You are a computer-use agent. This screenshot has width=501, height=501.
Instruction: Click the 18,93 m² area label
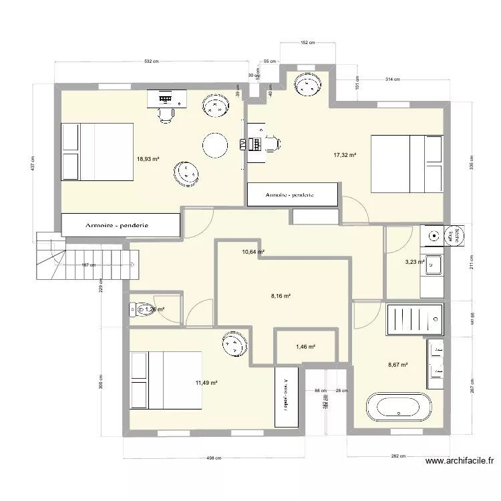(x=147, y=159)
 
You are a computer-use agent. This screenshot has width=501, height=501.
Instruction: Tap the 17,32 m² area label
(x=345, y=155)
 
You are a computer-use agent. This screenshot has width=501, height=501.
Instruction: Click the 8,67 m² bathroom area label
(x=397, y=365)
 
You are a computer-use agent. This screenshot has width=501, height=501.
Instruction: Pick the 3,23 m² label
(x=415, y=263)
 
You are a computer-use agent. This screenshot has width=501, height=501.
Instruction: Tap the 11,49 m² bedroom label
(x=206, y=383)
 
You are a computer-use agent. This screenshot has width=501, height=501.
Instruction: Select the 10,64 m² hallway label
(x=253, y=252)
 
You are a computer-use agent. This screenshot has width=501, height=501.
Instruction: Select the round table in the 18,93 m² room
(x=215, y=144)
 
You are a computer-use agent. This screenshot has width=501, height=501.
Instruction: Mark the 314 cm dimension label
(x=392, y=79)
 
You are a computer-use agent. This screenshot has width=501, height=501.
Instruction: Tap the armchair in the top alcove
(x=308, y=86)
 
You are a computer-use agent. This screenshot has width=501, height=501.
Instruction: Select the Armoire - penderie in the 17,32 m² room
(x=291, y=195)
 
